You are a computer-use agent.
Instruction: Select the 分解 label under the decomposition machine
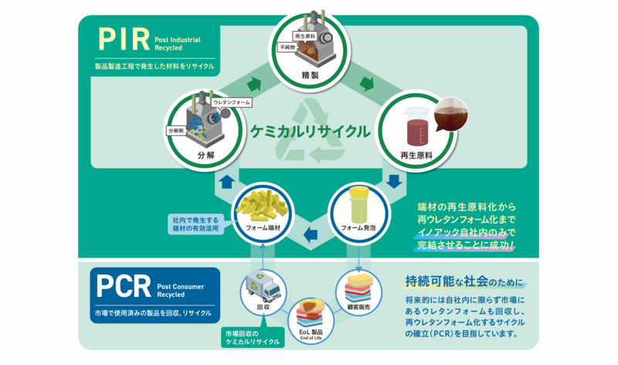(205, 154)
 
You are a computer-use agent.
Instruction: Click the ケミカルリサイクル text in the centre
(310, 131)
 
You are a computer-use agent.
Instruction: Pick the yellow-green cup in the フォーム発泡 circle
(358, 203)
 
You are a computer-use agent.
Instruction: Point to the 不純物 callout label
(287, 46)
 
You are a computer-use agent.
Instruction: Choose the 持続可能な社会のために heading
(463, 279)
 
